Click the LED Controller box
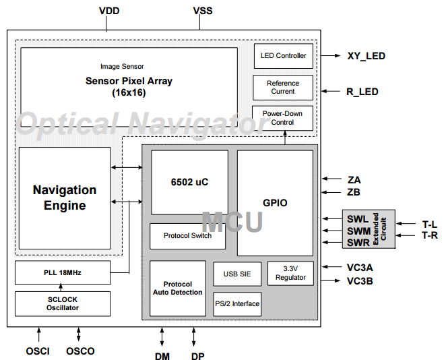[283, 56]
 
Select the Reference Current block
[283, 88]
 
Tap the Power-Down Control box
[283, 118]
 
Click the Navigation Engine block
[65, 198]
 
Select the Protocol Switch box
[187, 236]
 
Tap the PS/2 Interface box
[236, 304]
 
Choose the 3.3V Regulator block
[290, 273]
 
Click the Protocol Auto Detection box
[178, 289]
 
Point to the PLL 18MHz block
[62, 273]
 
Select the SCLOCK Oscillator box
[62, 304]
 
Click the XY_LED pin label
[366, 56]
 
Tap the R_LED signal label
[362, 92]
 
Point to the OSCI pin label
[38, 351]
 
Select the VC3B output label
[360, 280]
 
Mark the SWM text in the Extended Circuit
[357, 231]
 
